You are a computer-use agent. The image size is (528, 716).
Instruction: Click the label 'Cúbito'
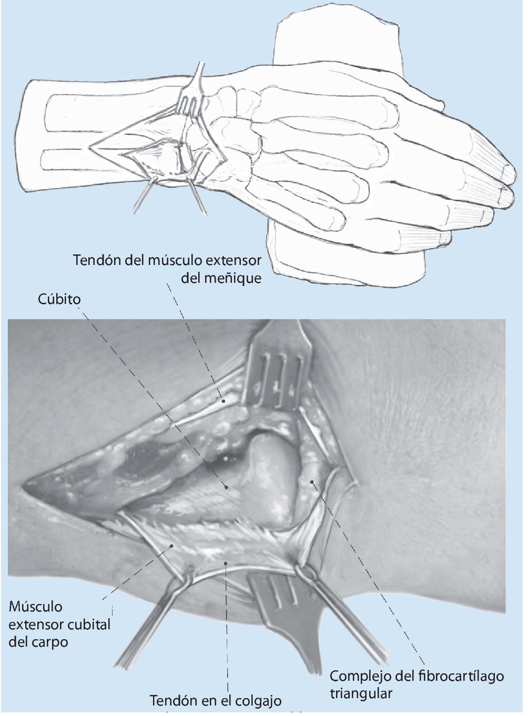pyautogui.click(x=59, y=299)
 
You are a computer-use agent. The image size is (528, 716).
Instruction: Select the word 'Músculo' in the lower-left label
pyautogui.click(x=35, y=607)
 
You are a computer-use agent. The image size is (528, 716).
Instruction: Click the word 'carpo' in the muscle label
pyautogui.click(x=50, y=642)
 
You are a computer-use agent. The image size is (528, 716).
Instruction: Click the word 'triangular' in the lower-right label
pyautogui.click(x=361, y=693)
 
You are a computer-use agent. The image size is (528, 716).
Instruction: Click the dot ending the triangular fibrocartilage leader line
pyautogui.click(x=312, y=481)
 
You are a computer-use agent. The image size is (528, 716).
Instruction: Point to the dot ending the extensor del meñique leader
pyautogui.click(x=224, y=401)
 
